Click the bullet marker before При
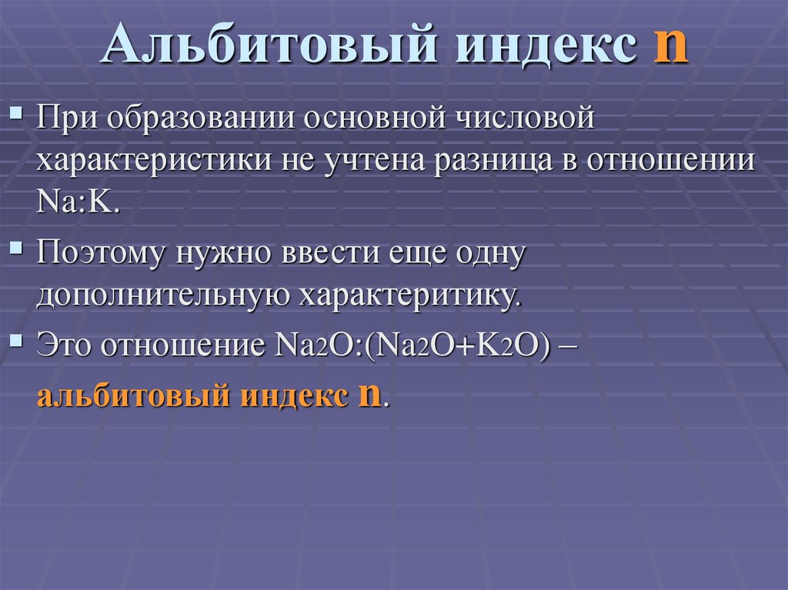click(x=17, y=116)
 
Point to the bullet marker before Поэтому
click(x=17, y=249)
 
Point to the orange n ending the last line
click(x=369, y=396)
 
